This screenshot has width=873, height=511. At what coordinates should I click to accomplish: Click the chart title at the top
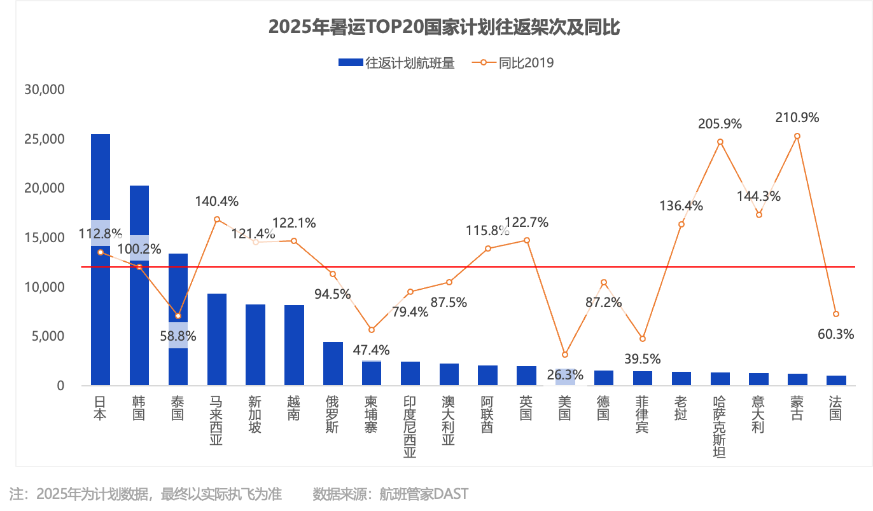click(x=444, y=27)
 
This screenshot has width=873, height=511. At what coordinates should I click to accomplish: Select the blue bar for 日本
click(x=101, y=259)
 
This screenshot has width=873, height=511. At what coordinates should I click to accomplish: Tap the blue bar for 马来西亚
click(x=217, y=339)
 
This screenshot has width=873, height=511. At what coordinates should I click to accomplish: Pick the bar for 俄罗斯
click(x=333, y=364)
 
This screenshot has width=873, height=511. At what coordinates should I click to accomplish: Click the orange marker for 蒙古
click(x=797, y=136)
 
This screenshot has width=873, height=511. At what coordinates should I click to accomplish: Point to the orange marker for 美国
click(x=565, y=355)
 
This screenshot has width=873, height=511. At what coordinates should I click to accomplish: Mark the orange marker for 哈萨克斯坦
click(x=720, y=142)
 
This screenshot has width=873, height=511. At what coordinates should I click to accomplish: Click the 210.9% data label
click(x=797, y=118)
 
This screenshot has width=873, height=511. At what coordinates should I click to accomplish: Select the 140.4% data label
click(x=217, y=201)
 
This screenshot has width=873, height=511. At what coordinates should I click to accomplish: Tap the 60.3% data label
click(x=836, y=334)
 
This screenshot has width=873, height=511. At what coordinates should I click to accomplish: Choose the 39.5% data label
click(x=643, y=359)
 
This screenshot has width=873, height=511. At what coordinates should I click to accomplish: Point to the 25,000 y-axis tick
click(x=45, y=139)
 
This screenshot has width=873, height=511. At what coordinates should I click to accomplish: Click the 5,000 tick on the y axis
click(x=48, y=336)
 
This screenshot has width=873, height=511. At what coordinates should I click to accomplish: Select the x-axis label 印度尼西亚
click(x=410, y=426)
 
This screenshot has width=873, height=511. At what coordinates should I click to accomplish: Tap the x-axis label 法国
click(x=835, y=408)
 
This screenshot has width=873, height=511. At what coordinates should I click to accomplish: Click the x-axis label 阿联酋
click(x=487, y=414)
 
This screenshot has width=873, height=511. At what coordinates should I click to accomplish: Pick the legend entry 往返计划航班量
click(x=397, y=63)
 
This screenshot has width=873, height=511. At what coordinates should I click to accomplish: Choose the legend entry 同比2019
click(x=513, y=63)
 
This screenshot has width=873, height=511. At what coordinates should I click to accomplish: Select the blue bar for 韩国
click(x=139, y=285)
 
